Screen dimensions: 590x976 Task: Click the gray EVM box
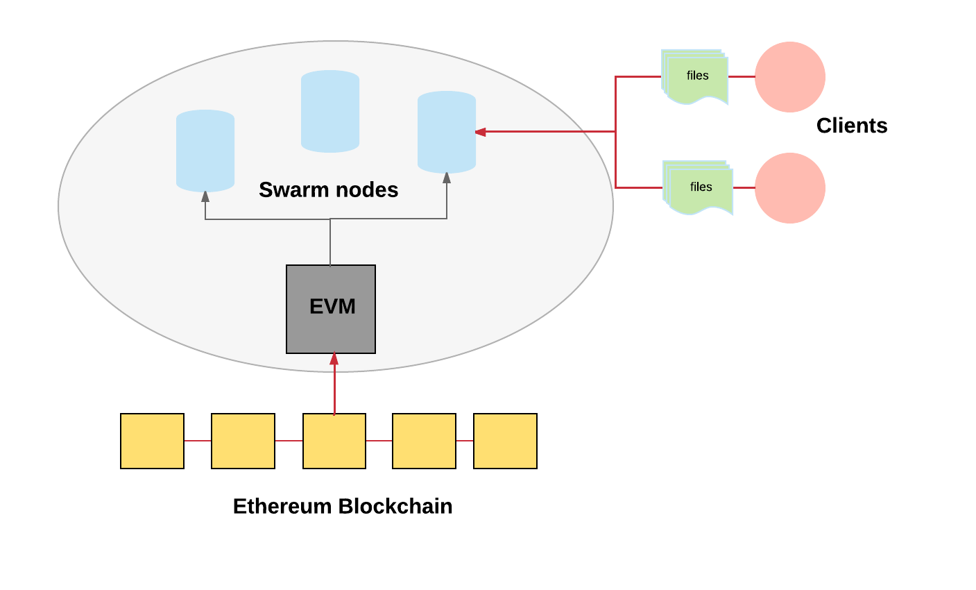click(x=331, y=309)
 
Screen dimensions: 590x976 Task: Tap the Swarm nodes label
click(x=328, y=189)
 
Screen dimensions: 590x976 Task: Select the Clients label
click(x=851, y=126)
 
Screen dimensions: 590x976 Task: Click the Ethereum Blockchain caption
click(x=343, y=506)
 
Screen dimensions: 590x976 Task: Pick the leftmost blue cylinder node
click(x=205, y=151)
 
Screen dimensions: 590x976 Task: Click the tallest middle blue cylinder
click(x=330, y=111)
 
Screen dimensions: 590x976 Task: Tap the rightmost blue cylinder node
click(x=447, y=132)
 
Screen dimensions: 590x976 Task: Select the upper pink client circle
click(x=789, y=77)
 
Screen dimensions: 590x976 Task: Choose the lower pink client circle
click(x=789, y=188)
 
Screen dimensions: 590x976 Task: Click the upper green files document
click(x=695, y=77)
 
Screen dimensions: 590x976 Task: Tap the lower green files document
click(x=699, y=188)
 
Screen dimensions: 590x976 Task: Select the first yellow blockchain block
click(x=152, y=441)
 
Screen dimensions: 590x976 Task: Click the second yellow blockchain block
click(x=243, y=441)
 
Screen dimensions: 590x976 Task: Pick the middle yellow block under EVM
click(x=334, y=441)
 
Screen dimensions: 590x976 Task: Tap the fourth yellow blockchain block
click(x=424, y=441)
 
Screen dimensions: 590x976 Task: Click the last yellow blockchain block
click(x=505, y=441)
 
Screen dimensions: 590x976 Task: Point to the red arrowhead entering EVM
click(x=334, y=359)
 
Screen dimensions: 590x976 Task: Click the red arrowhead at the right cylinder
click(x=480, y=131)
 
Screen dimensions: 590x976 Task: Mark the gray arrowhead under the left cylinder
click(x=205, y=196)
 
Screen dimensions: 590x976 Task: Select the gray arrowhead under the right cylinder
click(x=447, y=178)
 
